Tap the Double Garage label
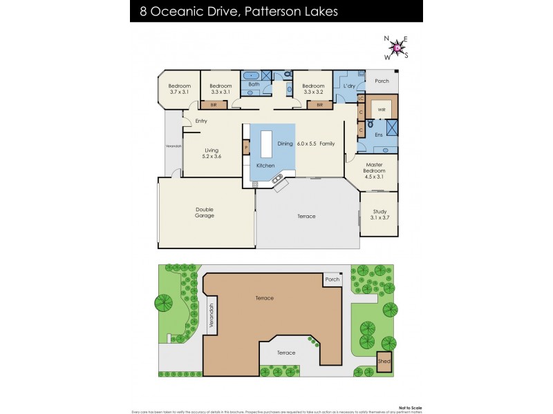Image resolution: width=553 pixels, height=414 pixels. (x=205, y=213)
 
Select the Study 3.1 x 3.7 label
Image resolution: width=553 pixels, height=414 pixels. (x=379, y=215)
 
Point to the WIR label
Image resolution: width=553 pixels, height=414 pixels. (x=381, y=109)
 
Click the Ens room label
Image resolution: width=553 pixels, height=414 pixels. (x=378, y=135)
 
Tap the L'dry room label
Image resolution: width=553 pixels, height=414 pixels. (x=349, y=86)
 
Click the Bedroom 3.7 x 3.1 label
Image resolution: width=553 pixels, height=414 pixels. (x=179, y=88)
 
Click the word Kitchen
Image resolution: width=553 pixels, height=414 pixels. (x=265, y=166)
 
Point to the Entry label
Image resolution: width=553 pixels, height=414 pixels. (x=201, y=121)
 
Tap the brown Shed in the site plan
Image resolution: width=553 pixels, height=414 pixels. (x=383, y=361)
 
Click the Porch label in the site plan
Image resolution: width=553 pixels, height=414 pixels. (x=332, y=279)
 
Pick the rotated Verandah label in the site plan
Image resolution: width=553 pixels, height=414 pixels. (x=212, y=317)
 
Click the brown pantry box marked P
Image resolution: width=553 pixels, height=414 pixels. (x=245, y=147)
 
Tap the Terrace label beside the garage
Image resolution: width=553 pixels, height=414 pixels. (x=306, y=217)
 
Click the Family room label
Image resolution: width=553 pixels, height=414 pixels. (x=326, y=144)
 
